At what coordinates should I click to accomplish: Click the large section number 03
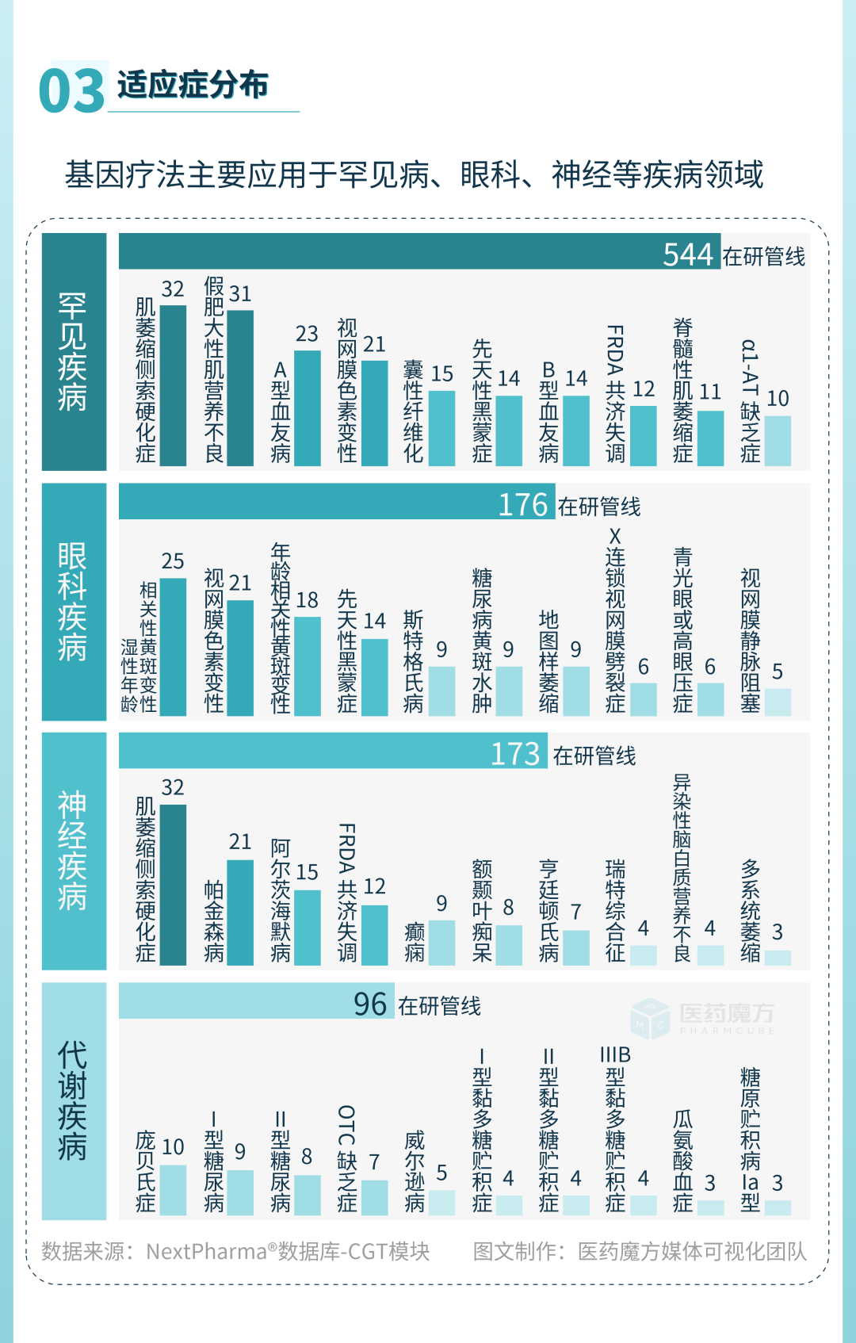click(71, 90)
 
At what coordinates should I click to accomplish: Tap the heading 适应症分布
click(193, 85)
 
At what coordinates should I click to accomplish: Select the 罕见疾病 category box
click(74, 352)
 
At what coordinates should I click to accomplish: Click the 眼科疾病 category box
click(74, 602)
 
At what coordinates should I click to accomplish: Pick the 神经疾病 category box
click(74, 851)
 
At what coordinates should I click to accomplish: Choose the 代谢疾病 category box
click(74, 1101)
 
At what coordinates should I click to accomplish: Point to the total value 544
click(688, 254)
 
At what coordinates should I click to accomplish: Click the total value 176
click(523, 505)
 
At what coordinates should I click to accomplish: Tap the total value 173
click(515, 754)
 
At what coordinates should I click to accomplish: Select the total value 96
click(370, 1004)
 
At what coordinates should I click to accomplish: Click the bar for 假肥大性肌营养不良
click(240, 388)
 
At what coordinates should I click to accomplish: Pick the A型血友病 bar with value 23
click(307, 407)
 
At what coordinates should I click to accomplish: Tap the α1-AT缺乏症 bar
click(778, 441)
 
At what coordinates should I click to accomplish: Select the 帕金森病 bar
click(240, 912)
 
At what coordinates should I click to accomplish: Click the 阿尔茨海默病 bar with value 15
click(307, 927)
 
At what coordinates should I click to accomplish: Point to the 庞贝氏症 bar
click(173, 1190)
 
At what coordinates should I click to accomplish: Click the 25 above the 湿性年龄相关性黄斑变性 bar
click(173, 561)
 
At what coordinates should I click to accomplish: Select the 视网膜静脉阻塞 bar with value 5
click(778, 702)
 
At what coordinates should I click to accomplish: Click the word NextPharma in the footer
click(206, 1252)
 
